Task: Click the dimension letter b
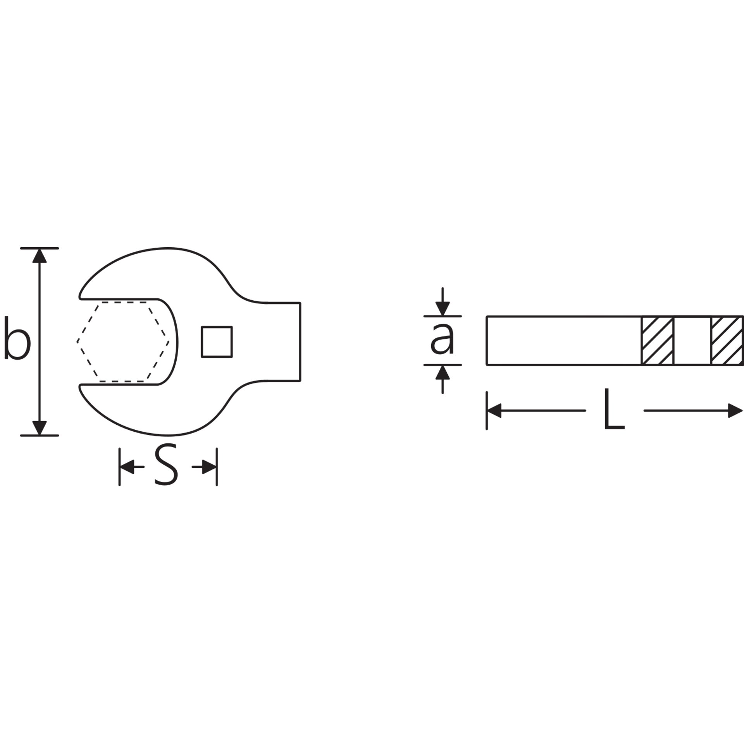pos(17,338)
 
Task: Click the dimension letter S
pos(166,467)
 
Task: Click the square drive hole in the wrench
pos(217,341)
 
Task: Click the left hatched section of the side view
pos(657,341)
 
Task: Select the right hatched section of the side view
pos(727,341)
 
